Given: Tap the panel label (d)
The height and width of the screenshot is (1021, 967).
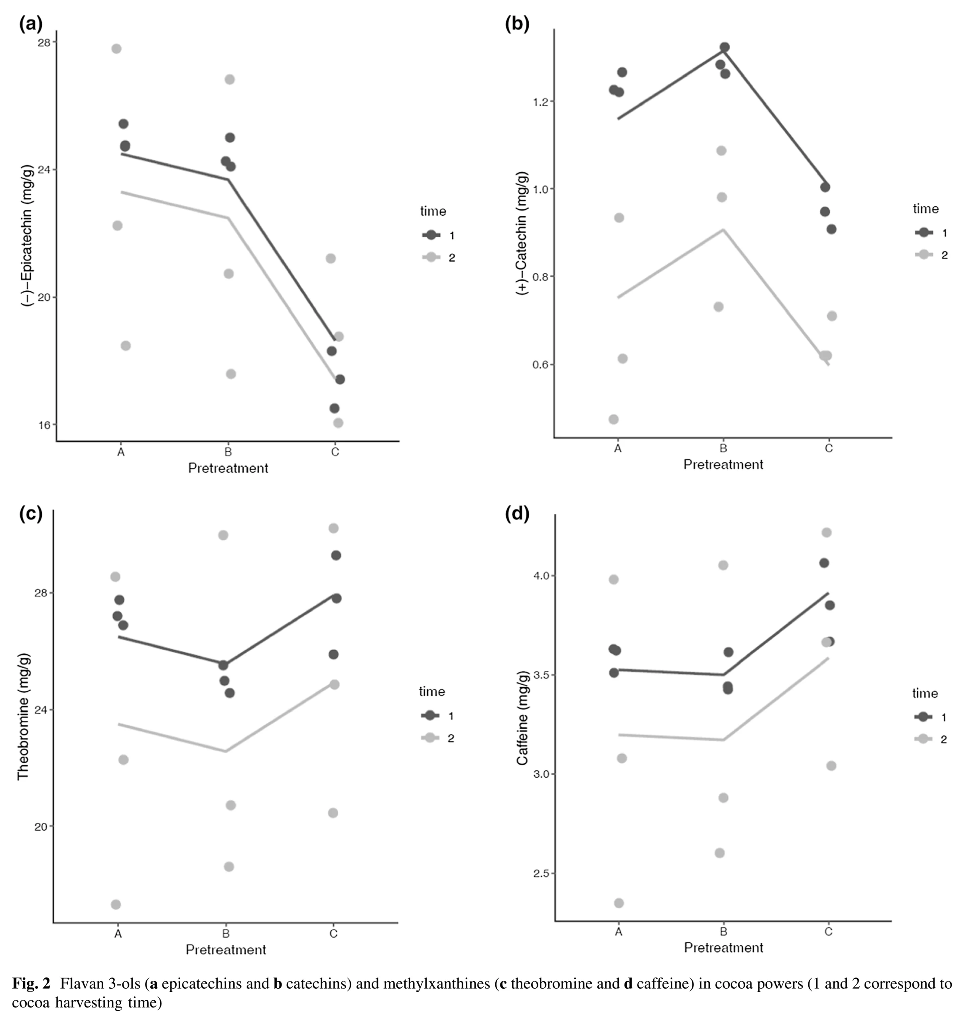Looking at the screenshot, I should [517, 514].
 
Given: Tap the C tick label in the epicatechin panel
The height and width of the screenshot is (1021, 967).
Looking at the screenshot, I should [335, 452].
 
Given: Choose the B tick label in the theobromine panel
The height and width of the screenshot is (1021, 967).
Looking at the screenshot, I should [226, 933].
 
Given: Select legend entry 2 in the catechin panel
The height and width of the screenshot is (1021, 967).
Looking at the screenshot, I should [944, 255].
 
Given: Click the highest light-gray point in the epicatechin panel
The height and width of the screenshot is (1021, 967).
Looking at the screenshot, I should [116, 49].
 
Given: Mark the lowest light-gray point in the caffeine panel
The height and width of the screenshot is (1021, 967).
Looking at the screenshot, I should [619, 903].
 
